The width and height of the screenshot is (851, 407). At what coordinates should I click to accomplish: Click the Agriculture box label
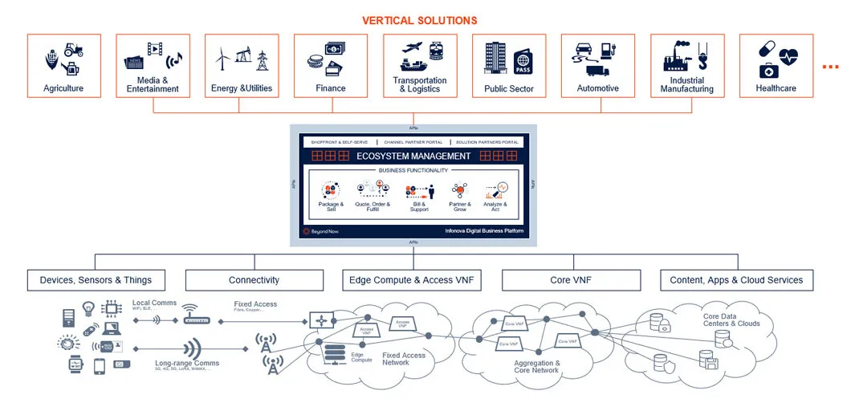(x=63, y=88)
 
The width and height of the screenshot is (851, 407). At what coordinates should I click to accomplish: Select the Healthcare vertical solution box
(x=776, y=66)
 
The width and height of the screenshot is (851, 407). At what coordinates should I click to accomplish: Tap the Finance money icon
(x=329, y=58)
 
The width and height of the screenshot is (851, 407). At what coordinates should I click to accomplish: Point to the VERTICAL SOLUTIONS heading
(x=419, y=20)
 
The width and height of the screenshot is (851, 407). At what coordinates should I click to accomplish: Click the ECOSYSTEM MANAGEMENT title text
(x=413, y=156)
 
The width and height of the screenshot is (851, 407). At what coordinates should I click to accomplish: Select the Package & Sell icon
(x=330, y=190)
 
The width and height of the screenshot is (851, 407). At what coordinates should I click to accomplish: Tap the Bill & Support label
(x=419, y=207)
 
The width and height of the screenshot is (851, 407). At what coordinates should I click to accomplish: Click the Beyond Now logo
(x=320, y=231)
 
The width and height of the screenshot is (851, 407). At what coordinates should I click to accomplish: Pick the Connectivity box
(x=254, y=280)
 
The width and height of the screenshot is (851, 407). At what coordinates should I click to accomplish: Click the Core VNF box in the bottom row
(x=571, y=280)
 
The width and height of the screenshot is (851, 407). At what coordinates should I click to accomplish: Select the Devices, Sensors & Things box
(x=96, y=280)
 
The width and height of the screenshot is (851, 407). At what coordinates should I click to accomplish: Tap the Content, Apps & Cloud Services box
(x=736, y=280)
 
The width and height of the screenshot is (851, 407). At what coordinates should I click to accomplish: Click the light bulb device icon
(x=89, y=307)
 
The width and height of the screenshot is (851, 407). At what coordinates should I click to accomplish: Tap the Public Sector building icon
(x=495, y=58)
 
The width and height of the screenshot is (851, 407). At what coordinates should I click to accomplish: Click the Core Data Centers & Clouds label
(x=731, y=319)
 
